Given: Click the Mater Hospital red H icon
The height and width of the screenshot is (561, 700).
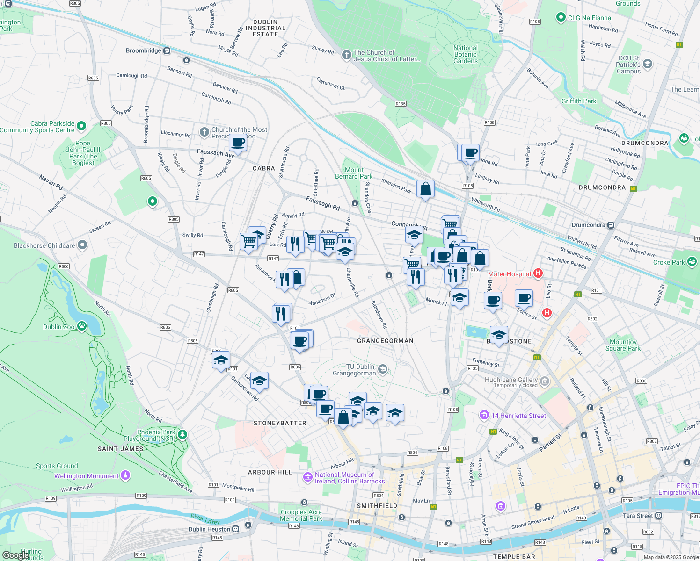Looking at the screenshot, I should (x=538, y=273).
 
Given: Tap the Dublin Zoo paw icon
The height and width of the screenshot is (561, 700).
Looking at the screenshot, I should (x=82, y=326).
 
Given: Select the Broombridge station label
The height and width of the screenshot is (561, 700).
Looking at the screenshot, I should (x=143, y=50).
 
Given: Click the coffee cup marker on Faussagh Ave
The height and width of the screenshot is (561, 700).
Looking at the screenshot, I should (x=238, y=142).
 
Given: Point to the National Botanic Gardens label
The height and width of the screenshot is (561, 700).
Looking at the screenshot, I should (x=465, y=54).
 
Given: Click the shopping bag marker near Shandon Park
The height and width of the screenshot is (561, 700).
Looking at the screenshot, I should (x=425, y=189).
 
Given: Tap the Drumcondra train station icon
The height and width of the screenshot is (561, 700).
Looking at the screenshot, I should (x=611, y=225).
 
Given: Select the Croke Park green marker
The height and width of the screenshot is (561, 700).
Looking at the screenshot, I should (x=692, y=261).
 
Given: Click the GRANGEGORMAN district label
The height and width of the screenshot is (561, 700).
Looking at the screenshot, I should (x=385, y=341).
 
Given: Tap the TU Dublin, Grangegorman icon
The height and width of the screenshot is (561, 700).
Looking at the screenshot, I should (x=383, y=370).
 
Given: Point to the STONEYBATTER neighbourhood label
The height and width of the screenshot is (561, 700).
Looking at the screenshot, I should (x=280, y=423).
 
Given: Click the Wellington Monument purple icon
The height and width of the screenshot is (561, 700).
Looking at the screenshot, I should (x=125, y=475).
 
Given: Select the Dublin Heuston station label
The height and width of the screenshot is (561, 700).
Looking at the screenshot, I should (x=209, y=529).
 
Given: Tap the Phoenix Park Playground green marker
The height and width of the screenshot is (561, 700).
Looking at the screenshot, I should (x=182, y=435).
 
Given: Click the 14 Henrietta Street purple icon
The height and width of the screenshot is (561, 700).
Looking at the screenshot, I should (x=484, y=415).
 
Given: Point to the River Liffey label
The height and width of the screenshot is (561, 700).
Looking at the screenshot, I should (x=205, y=518).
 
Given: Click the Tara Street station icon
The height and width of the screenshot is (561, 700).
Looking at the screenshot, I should (x=659, y=516).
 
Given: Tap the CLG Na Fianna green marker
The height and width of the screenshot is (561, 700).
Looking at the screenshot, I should (x=561, y=18).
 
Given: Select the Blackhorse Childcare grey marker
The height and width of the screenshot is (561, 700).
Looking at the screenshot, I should (x=82, y=245).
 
